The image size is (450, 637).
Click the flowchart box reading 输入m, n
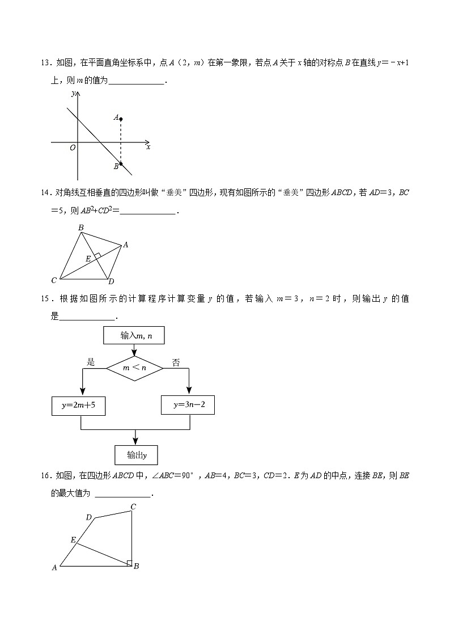click(135, 336)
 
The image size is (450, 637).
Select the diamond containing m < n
click(135, 368)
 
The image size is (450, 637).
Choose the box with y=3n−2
click(188, 405)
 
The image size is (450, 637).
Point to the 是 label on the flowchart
click(90, 362)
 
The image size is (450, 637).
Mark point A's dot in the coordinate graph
click(121, 119)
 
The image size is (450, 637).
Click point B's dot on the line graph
click(121, 164)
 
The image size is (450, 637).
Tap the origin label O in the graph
click(73, 148)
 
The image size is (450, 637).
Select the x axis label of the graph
click(148, 147)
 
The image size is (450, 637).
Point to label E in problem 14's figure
click(88, 258)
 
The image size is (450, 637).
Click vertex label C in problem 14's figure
click(54, 280)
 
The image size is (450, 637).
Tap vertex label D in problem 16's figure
click(88, 517)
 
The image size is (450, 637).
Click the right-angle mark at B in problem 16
click(129, 563)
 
